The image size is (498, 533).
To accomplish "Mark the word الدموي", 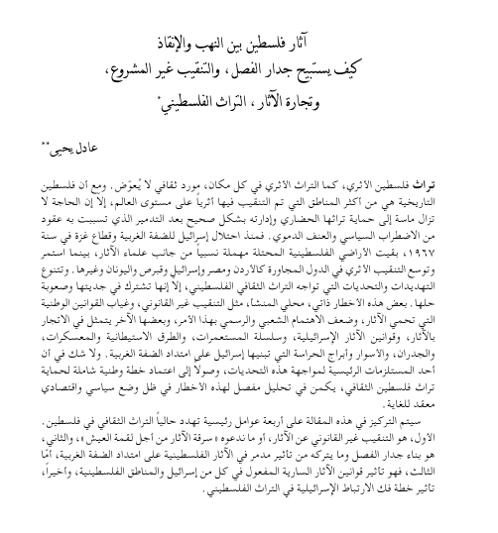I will (x=274, y=238).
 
